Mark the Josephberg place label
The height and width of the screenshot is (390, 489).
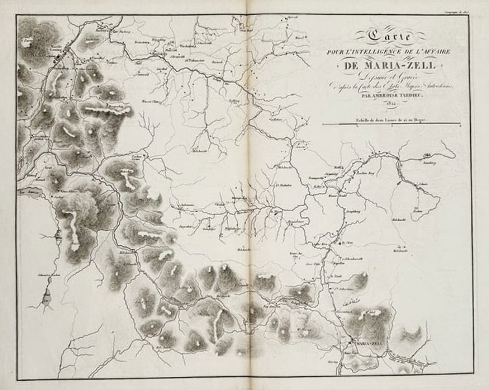click(x=351, y=211)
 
